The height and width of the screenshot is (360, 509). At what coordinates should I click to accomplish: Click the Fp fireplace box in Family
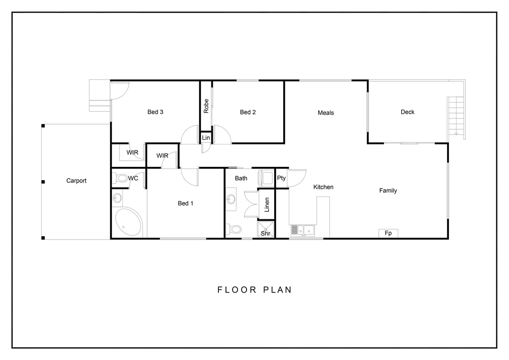coord(388,233)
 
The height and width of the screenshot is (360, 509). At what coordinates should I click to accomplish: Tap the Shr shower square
coord(266,229)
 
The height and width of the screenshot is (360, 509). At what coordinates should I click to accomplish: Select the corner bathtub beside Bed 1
coord(128,221)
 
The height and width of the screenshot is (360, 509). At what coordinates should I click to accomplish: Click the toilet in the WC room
coord(120,178)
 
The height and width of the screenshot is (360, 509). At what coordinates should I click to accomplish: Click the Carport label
coord(76,181)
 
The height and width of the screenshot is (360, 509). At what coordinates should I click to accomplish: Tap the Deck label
coord(407,112)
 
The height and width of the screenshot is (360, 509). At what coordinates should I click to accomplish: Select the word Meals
coord(326,113)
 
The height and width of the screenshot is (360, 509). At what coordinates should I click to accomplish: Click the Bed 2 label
coord(247,112)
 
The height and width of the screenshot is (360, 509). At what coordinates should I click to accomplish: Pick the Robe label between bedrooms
coord(206,106)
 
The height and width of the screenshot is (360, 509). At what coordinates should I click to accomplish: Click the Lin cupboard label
coord(206,138)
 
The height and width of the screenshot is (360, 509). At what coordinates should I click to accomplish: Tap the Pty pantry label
coord(281,178)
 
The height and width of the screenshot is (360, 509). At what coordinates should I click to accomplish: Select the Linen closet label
coord(267,205)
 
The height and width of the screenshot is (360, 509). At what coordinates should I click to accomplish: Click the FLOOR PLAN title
coord(254,290)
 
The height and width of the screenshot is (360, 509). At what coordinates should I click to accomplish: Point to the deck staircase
coord(456,116)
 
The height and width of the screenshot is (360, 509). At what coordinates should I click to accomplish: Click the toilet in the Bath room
coord(234,230)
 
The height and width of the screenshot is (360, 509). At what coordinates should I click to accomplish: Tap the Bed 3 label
coord(155,112)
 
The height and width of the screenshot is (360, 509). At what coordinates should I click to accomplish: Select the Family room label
coord(388,191)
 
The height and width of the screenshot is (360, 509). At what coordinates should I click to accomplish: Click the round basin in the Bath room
coord(231,199)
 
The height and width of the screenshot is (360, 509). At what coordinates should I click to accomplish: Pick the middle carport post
coord(43,182)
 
